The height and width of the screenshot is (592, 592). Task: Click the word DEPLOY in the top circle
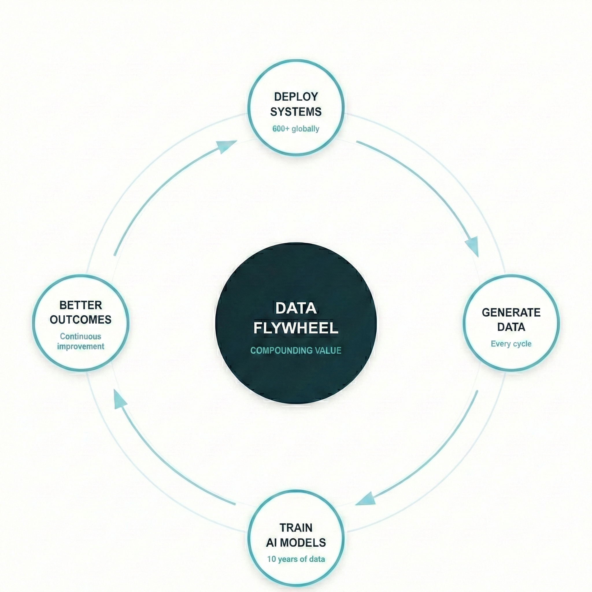296,97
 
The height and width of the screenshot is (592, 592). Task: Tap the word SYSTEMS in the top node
296,112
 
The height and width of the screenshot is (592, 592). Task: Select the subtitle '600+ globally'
296,129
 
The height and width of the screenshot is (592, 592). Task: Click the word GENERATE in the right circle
511,312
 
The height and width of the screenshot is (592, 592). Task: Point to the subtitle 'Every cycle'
511,344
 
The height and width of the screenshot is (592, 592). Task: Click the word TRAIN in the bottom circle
296,528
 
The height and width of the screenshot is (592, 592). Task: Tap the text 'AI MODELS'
296,543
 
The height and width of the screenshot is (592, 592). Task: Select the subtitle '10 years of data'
296,559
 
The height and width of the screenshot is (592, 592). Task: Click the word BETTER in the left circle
81,305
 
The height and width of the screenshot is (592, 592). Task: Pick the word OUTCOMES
81,320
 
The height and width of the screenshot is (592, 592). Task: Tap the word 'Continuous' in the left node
81,336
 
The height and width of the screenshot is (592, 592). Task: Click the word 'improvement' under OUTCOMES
81,347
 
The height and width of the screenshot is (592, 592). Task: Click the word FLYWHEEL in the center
296,328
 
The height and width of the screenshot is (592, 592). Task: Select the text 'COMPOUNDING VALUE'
296,351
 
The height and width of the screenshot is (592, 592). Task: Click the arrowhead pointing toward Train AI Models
367,500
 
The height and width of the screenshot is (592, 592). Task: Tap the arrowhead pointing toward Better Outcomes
119,399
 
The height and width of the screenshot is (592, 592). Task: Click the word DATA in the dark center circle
296,308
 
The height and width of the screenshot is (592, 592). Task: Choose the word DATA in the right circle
511,327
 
